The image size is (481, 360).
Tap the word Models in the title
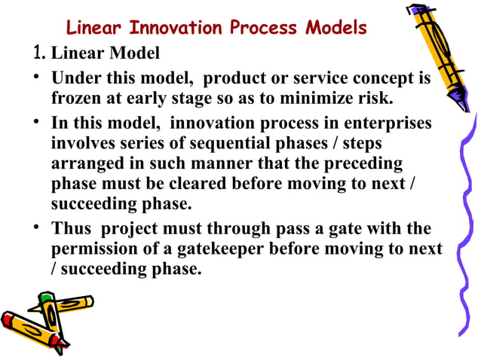coord(335,29)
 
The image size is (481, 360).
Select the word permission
coord(93,249)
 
